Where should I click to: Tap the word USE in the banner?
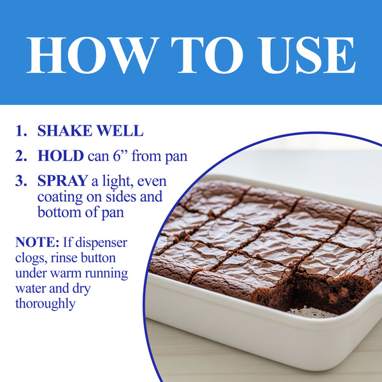307,55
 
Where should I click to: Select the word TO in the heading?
207,55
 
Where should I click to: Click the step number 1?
21,131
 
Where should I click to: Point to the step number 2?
21,156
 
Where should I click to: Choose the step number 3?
21,181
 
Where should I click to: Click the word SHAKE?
65,131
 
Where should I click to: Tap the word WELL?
120,131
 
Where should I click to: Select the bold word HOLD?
60,156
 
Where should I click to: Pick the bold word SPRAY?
62,181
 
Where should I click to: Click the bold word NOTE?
38,242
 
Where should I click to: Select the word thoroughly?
45,304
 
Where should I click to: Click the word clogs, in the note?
31,258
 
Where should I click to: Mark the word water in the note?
30,289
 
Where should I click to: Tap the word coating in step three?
60,197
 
